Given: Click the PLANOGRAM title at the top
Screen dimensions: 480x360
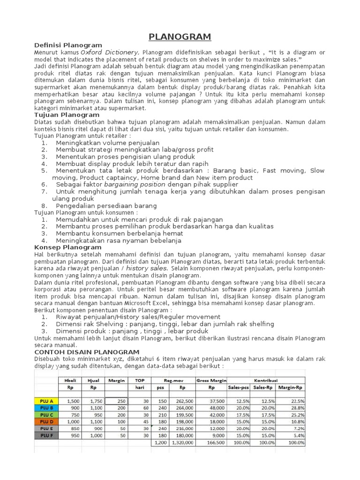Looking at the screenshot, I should (180, 37).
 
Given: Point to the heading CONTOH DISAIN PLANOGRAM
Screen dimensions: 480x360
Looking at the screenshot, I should (87, 352).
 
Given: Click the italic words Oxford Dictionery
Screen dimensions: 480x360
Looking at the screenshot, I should (109, 52).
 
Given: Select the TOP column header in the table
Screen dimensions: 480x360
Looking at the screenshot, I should (140, 380).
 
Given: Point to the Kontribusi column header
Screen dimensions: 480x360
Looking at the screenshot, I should (264, 380).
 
